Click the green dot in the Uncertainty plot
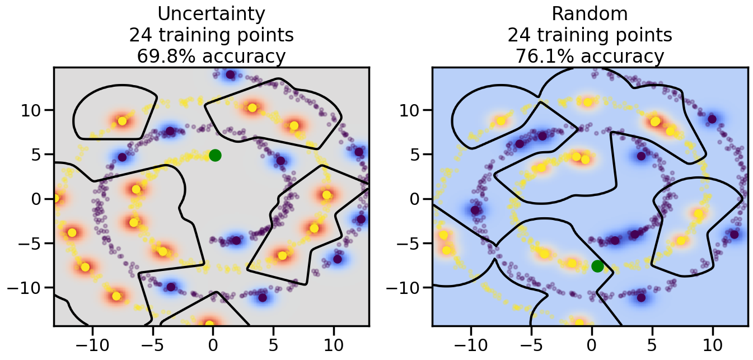tap(215, 155)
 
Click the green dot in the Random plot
tap(597, 266)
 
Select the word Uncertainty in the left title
tap(212, 13)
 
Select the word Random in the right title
tap(590, 13)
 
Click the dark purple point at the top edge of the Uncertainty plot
tap(230, 74)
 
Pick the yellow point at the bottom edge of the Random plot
tap(579, 322)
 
